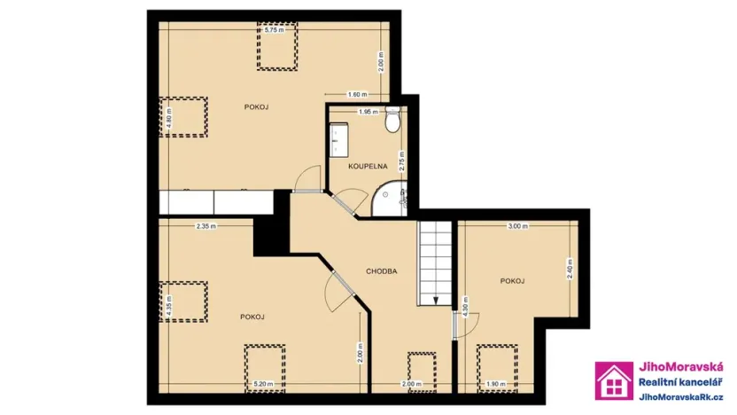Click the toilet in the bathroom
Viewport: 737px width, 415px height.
click(x=392, y=124)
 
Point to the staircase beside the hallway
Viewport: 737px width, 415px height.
click(x=434, y=262)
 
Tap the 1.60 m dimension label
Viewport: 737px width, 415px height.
click(x=356, y=94)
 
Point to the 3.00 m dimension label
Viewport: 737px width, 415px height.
click(x=517, y=226)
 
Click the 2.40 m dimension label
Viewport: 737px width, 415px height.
click(x=570, y=269)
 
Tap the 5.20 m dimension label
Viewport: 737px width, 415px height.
click(x=264, y=383)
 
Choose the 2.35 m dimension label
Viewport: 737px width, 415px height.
click(x=207, y=226)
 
